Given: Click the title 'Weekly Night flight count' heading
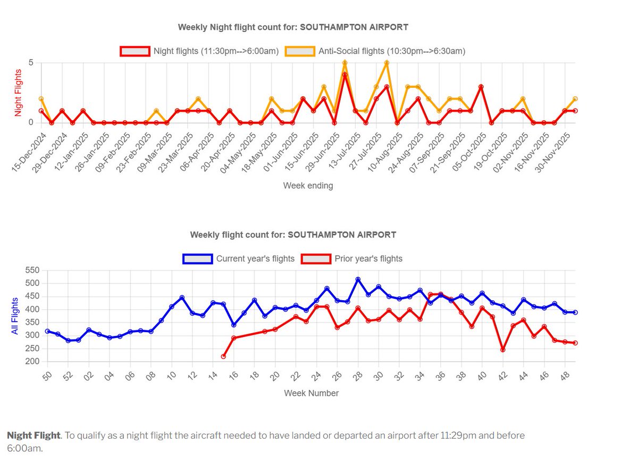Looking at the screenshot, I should (x=293, y=27).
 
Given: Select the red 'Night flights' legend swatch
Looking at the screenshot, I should (x=135, y=52).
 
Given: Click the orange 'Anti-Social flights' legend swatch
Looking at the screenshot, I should (x=300, y=52).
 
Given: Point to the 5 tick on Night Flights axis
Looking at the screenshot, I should (x=31, y=63).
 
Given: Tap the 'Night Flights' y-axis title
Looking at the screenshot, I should (x=18, y=93).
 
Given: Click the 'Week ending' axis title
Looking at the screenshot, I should (x=308, y=186).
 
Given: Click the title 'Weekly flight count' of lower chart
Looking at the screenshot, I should (x=293, y=235).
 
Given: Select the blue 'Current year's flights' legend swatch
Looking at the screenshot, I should (x=197, y=259).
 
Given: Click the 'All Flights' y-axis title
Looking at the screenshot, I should (x=15, y=316).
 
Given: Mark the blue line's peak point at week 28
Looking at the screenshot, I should (x=358, y=279).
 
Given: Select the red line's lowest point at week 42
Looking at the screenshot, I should (x=503, y=350).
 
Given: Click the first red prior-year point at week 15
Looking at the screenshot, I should (x=223, y=357).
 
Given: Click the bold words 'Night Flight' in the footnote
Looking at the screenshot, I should (x=33, y=435).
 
